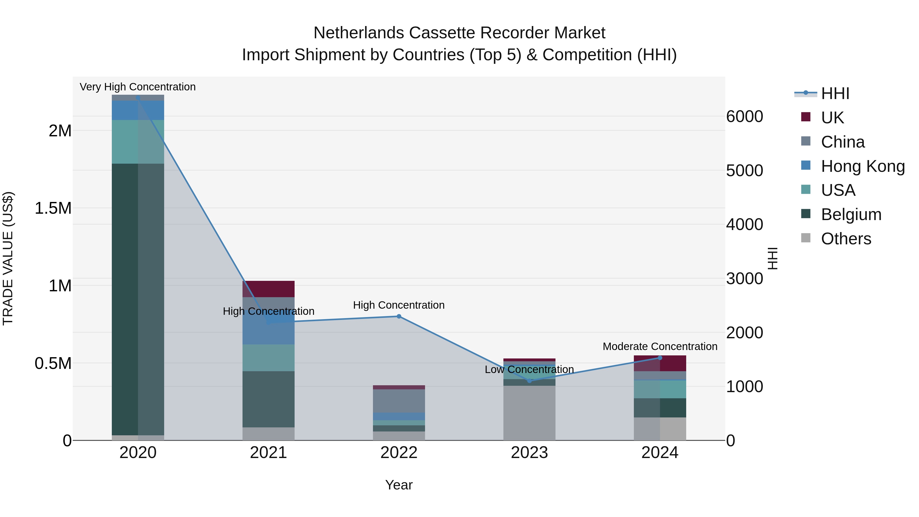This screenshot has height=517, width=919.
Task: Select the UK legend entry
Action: coord(832,118)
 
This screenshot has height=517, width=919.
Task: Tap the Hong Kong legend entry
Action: coord(862,166)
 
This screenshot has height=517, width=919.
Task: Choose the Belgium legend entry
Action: coord(851,214)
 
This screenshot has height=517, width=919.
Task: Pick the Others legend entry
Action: coord(845,239)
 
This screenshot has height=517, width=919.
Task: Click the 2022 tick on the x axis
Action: coord(399,453)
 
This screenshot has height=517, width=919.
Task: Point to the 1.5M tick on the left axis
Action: coord(53,208)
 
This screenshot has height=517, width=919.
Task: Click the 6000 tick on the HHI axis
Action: coord(745,117)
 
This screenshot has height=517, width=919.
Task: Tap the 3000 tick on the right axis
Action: coord(745,279)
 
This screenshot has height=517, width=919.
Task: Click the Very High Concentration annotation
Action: coord(138,87)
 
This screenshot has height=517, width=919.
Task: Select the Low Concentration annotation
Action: coord(529,369)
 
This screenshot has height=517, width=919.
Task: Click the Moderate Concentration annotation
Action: coord(660,346)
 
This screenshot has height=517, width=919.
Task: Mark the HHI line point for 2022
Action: coord(399,317)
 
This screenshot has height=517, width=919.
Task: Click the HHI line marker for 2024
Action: coord(660,358)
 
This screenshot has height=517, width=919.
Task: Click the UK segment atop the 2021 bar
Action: coord(268,289)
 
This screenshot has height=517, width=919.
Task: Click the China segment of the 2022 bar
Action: coord(399,401)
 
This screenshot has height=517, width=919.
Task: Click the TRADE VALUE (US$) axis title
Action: coord(8,259)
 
